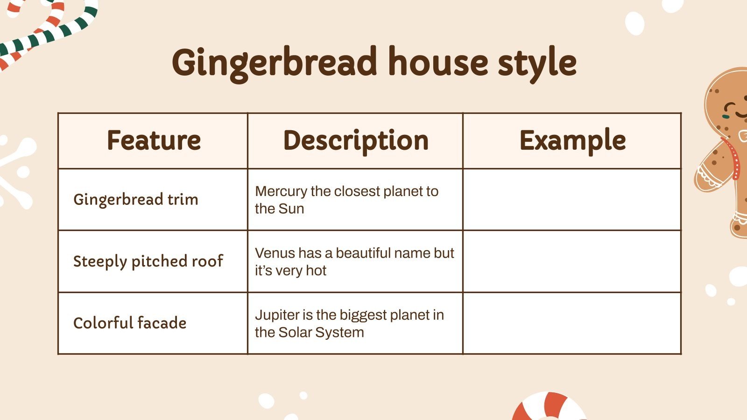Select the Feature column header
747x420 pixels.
(x=154, y=140)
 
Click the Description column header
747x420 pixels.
(x=356, y=140)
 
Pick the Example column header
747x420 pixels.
(x=572, y=140)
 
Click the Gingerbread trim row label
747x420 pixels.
(x=136, y=199)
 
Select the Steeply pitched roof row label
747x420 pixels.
(x=148, y=261)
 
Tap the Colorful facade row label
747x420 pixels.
(x=130, y=323)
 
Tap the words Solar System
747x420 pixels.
(x=321, y=332)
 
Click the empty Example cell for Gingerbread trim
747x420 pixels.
(x=572, y=199)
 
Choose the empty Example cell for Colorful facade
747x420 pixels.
(x=572, y=323)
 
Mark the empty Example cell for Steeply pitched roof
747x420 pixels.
(x=572, y=261)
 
